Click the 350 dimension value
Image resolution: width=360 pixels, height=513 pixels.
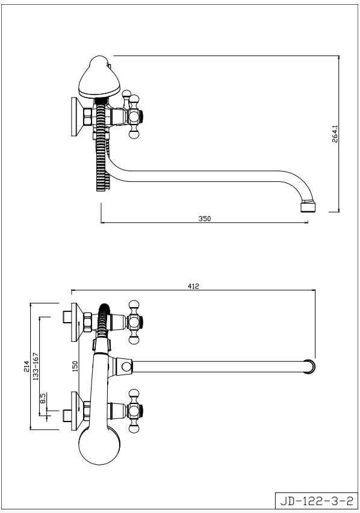[x=205, y=219]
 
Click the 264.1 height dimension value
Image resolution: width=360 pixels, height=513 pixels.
[x=335, y=133]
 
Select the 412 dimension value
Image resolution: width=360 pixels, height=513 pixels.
[x=193, y=286]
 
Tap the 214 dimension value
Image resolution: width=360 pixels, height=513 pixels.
[x=26, y=366]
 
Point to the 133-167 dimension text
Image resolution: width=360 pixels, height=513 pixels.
[x=36, y=366]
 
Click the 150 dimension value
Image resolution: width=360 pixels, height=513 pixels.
[x=75, y=366]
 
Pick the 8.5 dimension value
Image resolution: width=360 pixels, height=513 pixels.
[x=43, y=399]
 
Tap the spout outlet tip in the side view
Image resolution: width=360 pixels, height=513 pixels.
[x=308, y=207]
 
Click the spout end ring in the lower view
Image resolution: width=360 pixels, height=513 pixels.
[x=309, y=367]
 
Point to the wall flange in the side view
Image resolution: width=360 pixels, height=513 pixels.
[x=77, y=116]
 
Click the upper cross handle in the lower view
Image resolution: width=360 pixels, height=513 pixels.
[x=134, y=322]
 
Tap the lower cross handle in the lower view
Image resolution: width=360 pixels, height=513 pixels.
[x=134, y=411]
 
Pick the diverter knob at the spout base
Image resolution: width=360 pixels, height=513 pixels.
[x=125, y=366]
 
